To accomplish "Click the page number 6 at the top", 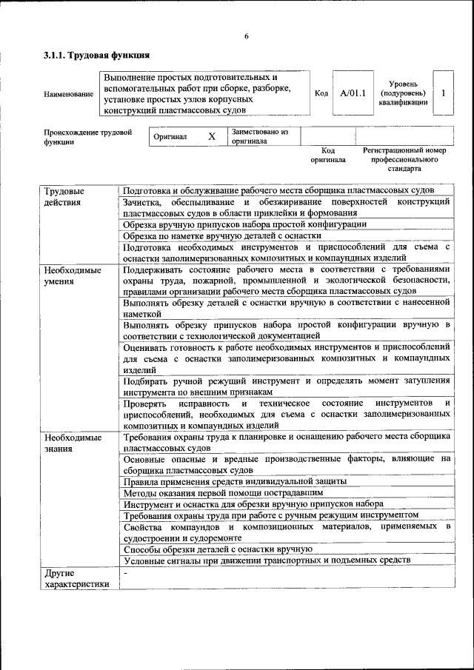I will coord(246,37).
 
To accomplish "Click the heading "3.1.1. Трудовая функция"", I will coord(97,55).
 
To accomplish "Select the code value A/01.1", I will coord(353,93).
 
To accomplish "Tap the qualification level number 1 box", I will coord(443,93).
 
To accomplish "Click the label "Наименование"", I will coord(69,94).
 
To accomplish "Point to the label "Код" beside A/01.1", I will coord(321,93).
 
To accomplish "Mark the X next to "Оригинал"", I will coord(211,137).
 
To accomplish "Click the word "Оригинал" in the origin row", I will coord(170,137).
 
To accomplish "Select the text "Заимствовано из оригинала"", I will coord(259,137).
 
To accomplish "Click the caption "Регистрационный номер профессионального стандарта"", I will coord(404,159).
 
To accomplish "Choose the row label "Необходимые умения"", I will coord(72,275).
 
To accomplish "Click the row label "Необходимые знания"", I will coord(72,443).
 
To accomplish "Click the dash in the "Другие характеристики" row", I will coord(126,573).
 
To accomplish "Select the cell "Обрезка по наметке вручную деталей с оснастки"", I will coord(222,235).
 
